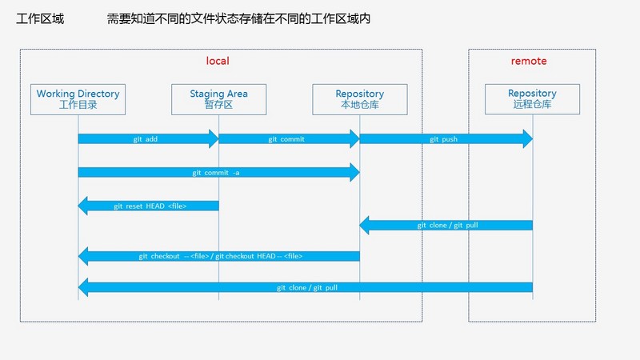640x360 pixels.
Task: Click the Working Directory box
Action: click(x=78, y=99)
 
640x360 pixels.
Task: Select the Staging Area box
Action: click(x=218, y=99)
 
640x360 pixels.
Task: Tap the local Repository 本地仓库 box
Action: click(x=359, y=99)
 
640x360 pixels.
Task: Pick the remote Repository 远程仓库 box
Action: click(x=532, y=99)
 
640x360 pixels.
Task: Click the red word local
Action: click(x=218, y=61)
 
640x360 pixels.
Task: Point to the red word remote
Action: click(x=529, y=61)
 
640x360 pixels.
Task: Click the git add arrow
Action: click(x=147, y=139)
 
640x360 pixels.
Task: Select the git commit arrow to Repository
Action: click(x=288, y=139)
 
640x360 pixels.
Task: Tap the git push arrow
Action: click(x=445, y=139)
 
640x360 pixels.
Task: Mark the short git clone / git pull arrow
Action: click(x=446, y=226)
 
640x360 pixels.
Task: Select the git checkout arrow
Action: click(x=219, y=256)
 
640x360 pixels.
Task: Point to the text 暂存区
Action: click(x=218, y=105)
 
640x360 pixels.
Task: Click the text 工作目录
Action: click(x=78, y=105)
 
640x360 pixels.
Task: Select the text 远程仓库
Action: click(x=532, y=105)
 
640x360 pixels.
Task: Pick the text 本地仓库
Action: click(x=359, y=105)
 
